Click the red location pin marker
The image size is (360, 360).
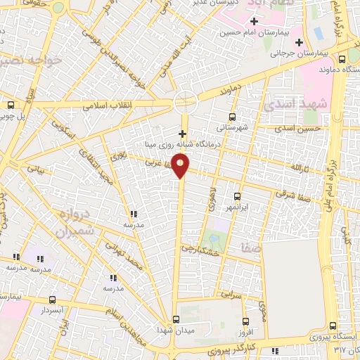(x=181, y=166)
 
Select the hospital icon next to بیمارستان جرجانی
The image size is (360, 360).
(x=299, y=43)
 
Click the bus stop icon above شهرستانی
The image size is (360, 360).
(x=232, y=117)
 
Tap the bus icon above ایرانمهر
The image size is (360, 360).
(x=236, y=197)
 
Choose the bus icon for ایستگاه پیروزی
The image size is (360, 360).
(x=332, y=325)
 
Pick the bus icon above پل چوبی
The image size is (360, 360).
(x=10, y=105)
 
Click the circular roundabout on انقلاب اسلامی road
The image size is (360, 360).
(x=186, y=103)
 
